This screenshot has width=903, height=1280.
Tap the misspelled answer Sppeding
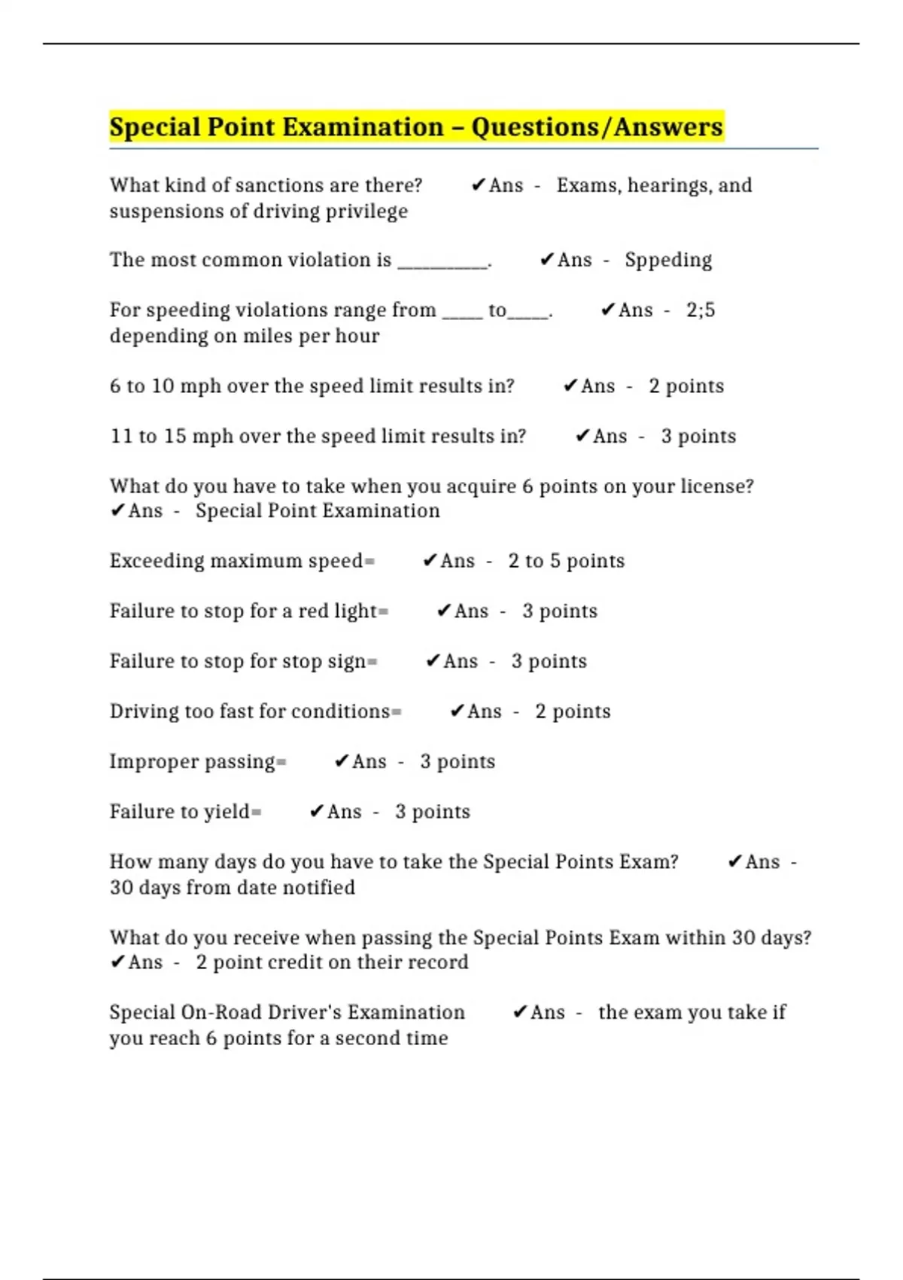click(x=667, y=260)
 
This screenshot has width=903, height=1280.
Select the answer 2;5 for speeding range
click(x=701, y=310)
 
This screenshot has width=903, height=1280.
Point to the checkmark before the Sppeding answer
click(x=547, y=260)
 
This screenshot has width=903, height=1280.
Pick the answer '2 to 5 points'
click(x=566, y=561)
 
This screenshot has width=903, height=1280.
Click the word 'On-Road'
click(x=221, y=1013)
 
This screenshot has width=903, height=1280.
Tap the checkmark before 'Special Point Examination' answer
click(x=117, y=510)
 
